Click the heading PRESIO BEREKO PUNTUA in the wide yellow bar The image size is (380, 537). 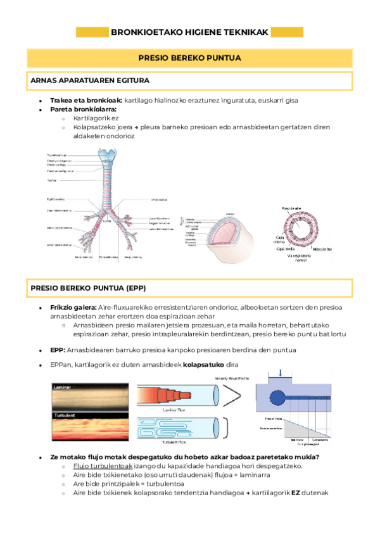(x=189, y=58)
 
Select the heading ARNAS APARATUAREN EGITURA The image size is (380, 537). (x=89, y=81)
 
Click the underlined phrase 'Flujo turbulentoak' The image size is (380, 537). (x=98, y=466)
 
